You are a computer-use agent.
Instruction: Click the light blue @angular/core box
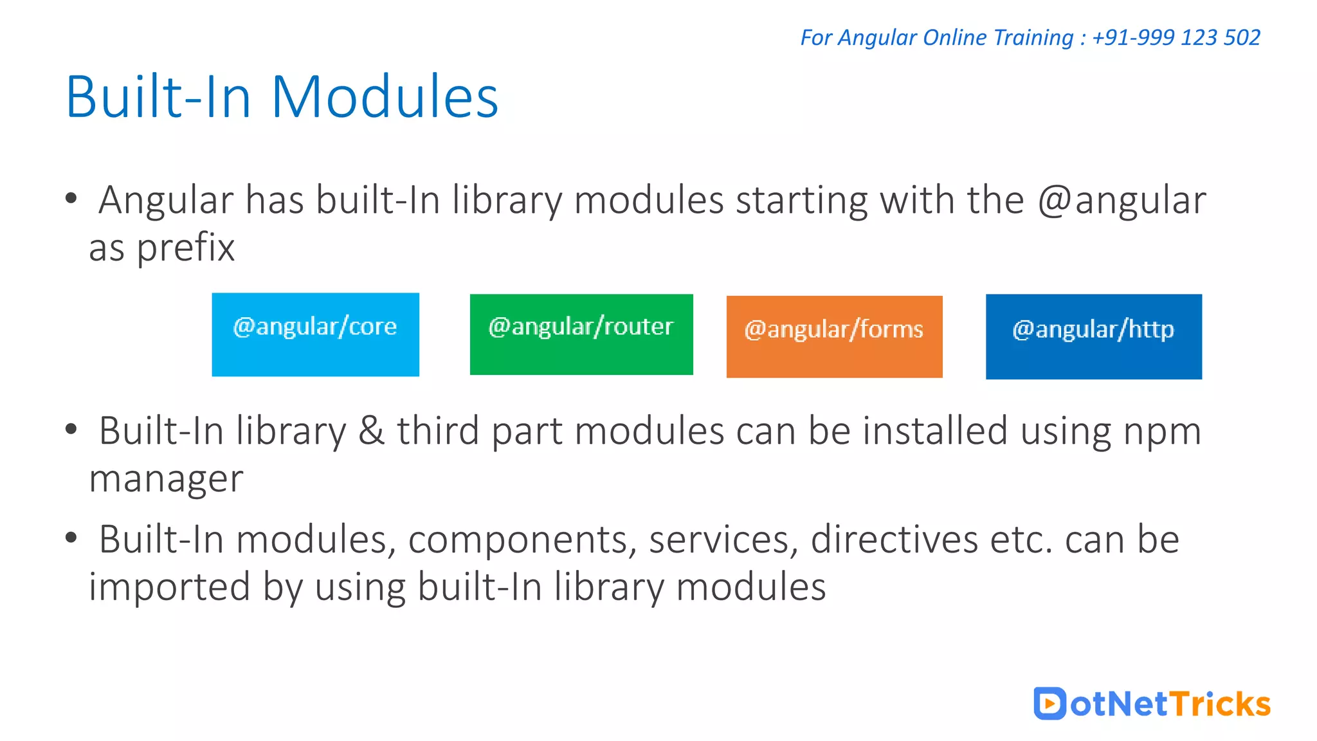coord(315,334)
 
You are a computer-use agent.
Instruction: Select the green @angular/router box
coord(581,334)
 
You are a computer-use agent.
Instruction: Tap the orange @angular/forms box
coord(834,336)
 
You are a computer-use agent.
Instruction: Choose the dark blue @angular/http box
coord(1093,336)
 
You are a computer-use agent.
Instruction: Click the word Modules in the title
coord(385,97)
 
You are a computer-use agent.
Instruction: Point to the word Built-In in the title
coord(158,97)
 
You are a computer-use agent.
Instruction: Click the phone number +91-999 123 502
coord(1176,37)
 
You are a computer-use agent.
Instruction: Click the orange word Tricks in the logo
coord(1219,704)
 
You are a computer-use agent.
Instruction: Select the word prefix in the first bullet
coord(185,248)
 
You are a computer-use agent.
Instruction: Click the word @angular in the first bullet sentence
coord(1122,201)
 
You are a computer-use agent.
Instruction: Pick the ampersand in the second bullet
coord(371,430)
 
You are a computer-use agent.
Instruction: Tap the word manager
coord(166,480)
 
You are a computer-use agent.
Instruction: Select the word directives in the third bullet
coord(894,539)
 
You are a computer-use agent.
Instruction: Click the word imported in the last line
coord(169,587)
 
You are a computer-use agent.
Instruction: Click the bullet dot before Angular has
coord(71,199)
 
